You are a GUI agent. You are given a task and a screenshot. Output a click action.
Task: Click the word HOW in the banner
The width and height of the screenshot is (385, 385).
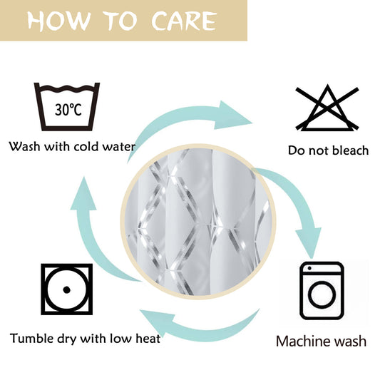tap(58, 21)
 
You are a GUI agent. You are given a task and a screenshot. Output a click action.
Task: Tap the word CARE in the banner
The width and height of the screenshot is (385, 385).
tap(184, 21)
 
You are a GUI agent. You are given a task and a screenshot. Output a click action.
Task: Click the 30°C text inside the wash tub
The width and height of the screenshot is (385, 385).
tap(68, 110)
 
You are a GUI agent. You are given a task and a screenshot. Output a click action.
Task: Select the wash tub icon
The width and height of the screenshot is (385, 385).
tap(67, 106)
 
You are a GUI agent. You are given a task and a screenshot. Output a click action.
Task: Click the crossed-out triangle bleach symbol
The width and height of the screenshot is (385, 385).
tap(327, 108)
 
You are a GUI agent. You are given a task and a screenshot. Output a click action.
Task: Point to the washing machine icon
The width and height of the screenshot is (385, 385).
tap(322, 291)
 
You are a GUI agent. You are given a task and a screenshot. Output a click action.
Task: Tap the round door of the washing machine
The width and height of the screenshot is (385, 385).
tap(322, 295)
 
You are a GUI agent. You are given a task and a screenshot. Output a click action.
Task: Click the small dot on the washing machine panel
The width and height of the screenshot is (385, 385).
tap(309, 268)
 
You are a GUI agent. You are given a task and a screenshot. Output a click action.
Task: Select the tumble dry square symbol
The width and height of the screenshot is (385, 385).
tap(67, 289)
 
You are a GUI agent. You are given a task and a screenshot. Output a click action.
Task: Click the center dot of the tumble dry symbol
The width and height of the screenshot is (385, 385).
tap(67, 289)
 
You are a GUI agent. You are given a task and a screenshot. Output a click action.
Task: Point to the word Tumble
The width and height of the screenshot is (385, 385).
tap(32, 339)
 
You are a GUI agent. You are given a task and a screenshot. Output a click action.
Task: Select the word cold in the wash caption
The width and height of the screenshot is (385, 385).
tap(86, 147)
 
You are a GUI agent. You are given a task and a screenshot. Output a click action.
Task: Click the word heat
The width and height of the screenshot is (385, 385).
tap(148, 339)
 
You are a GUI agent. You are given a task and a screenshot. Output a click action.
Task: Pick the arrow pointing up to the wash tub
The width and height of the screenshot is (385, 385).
tap(88, 236)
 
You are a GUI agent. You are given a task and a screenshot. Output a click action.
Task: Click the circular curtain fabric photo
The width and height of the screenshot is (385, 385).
tap(198, 222)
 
